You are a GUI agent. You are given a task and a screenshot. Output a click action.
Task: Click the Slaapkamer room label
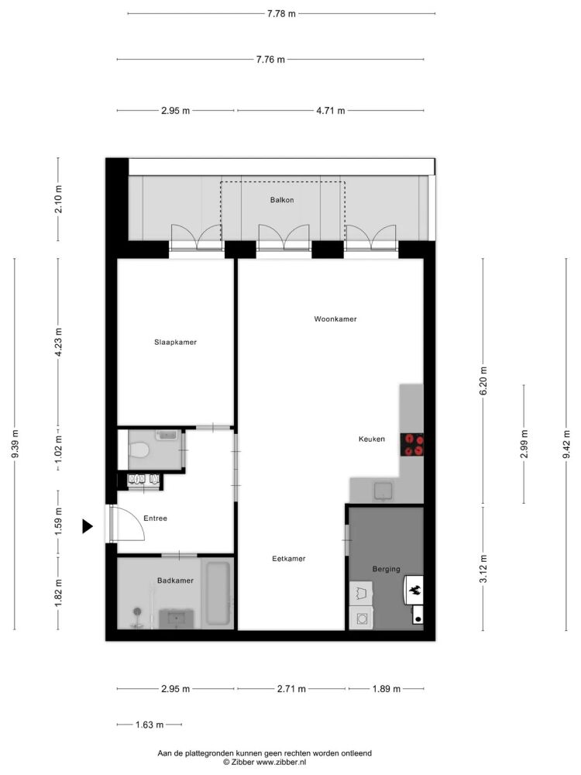(175, 342)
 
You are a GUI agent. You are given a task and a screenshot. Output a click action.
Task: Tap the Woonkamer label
(335, 319)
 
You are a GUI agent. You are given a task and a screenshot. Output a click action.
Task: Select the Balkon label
(282, 200)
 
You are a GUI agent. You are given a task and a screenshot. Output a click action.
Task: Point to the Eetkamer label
(288, 559)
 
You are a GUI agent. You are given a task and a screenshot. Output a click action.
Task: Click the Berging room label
(387, 569)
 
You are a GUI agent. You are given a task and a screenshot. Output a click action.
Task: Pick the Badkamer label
(175, 580)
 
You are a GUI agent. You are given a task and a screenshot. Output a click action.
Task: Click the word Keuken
(372, 439)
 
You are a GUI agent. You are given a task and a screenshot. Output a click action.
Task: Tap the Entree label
(155, 518)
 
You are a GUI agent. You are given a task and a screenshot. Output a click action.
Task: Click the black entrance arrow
(87, 527)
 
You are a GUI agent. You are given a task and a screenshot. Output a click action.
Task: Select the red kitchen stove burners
(411, 444)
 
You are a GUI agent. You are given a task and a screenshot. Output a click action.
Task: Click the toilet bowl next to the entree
(139, 450)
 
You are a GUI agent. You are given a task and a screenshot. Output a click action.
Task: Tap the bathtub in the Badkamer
(218, 592)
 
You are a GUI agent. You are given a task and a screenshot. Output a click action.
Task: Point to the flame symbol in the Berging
(415, 589)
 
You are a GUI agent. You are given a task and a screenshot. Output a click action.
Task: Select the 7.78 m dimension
(281, 14)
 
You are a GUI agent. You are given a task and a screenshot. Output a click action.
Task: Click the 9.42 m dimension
(567, 444)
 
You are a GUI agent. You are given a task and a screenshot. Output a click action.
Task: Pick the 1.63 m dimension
(150, 725)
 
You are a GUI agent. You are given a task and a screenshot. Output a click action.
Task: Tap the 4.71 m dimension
(331, 111)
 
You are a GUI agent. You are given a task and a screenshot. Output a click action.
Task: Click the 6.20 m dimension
(483, 380)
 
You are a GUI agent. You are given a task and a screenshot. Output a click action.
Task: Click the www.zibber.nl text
(281, 762)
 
